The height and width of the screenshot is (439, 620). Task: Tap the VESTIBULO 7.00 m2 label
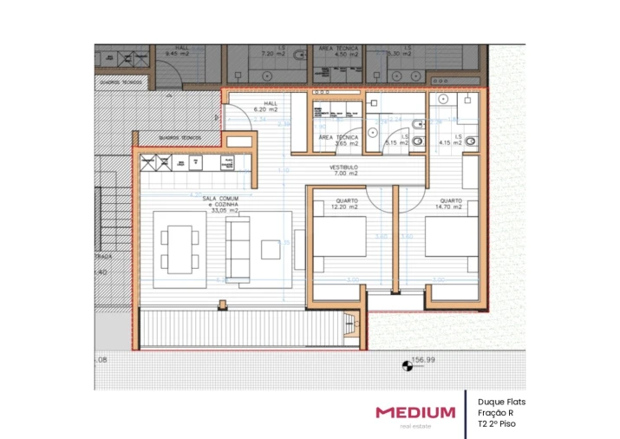click(x=343, y=170)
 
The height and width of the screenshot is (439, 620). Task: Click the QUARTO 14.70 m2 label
click(x=450, y=205)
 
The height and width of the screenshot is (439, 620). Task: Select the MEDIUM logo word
click(x=414, y=412)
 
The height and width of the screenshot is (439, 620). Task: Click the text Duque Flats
click(x=501, y=402)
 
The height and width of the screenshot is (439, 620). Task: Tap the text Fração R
click(x=495, y=413)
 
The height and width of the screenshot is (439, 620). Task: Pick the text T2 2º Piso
click(x=498, y=424)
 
